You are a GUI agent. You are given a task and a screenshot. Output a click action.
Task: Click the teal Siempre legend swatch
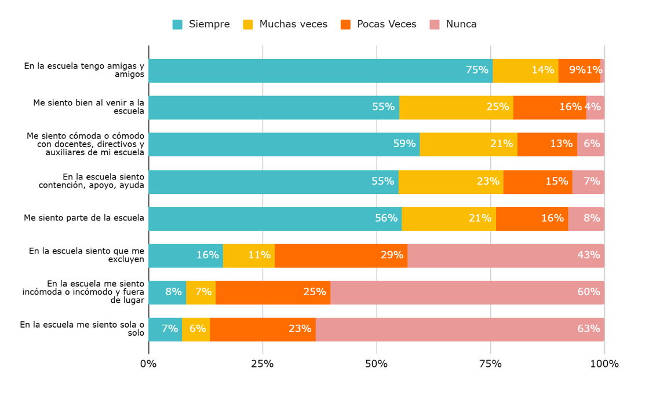[x=177, y=24]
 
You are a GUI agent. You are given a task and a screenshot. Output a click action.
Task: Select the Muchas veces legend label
[x=293, y=24]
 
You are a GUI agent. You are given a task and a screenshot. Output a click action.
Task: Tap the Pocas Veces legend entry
[x=387, y=24]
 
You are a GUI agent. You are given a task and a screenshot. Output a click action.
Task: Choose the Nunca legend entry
[x=461, y=24]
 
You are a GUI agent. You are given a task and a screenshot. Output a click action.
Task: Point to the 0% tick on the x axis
[x=148, y=364]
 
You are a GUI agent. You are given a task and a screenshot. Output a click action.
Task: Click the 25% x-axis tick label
[x=262, y=364]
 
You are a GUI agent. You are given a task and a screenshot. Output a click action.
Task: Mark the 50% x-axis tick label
[x=377, y=364]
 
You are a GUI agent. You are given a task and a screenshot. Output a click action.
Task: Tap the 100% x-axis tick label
[x=604, y=364]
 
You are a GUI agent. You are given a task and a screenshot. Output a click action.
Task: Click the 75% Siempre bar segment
[x=320, y=71]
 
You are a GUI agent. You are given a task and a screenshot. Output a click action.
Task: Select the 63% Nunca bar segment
[x=460, y=329]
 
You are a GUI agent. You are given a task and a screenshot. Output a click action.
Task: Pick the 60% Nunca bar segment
[x=467, y=292]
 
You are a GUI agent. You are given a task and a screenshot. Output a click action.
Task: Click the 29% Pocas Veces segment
[x=341, y=255]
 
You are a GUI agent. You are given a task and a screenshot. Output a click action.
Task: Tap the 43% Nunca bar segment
[x=506, y=255]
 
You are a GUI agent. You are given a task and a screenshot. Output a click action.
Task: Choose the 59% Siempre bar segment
[x=284, y=144]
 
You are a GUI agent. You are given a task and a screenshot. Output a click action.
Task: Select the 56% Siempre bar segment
[x=275, y=218]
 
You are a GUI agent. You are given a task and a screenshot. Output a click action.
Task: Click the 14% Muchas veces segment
[x=526, y=71]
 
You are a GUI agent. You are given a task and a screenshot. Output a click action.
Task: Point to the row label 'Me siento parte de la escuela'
[x=84, y=218]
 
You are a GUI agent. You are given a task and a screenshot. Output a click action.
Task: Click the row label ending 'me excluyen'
[x=87, y=255]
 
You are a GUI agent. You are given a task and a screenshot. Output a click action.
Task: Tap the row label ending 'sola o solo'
[x=82, y=329]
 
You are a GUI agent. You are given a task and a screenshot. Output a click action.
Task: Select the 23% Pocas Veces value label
[x=300, y=329]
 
